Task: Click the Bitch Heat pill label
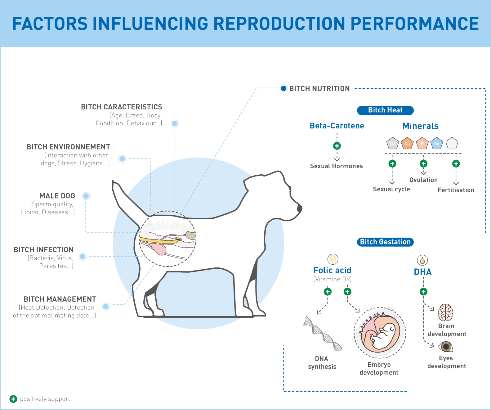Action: click(x=385, y=110)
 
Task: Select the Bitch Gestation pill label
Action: click(x=385, y=242)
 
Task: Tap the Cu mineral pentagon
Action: click(x=407, y=143)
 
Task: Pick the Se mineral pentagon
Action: click(x=436, y=143)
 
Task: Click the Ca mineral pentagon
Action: click(x=392, y=143)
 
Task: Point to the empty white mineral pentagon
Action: click(x=452, y=143)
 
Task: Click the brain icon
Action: click(x=445, y=312)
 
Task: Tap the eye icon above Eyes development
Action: click(x=446, y=346)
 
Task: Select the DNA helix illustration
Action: click(x=322, y=334)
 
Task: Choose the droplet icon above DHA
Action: click(x=422, y=260)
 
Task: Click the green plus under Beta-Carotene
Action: click(x=337, y=146)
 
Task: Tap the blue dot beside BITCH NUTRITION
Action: click(x=283, y=89)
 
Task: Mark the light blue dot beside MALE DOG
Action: click(x=86, y=196)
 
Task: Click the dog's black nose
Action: click(x=300, y=208)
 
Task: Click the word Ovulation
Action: click(x=423, y=180)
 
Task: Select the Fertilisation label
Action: click(x=456, y=190)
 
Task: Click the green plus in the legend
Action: click(x=13, y=399)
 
